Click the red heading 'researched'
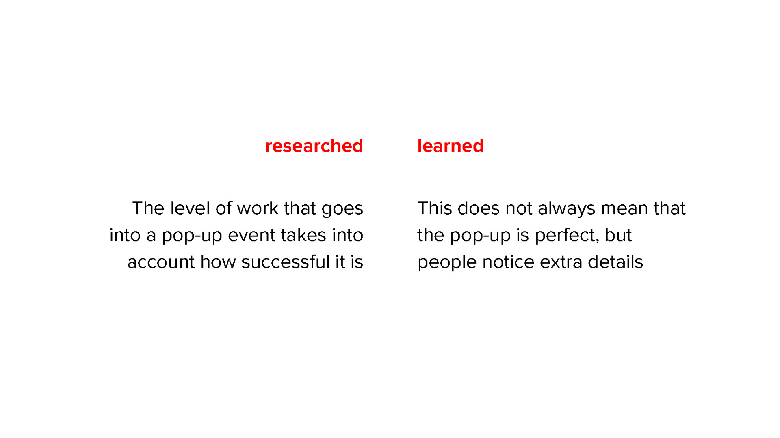tap(314, 146)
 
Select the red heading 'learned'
tap(451, 146)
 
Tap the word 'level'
tap(190, 208)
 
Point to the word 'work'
tap(258, 208)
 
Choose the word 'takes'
tap(303, 235)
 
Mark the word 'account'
tap(161, 262)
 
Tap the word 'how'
tap(218, 262)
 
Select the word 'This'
tap(435, 208)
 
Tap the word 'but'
tap(618, 235)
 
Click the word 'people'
tap(447, 263)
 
